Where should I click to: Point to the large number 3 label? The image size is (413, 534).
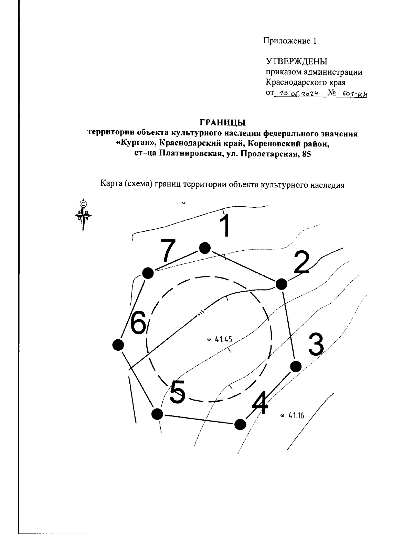[316, 344]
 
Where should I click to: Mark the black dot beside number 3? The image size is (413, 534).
[296, 367]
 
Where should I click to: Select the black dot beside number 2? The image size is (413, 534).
[281, 284]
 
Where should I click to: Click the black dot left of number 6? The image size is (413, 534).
[118, 344]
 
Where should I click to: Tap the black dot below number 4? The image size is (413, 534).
[240, 424]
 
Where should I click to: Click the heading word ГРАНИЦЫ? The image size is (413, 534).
[223, 122]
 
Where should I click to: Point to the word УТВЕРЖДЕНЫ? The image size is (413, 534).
[297, 62]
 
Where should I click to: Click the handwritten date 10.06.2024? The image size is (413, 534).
[298, 94]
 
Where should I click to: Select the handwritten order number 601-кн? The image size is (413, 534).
[351, 94]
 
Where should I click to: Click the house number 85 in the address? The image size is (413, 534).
[306, 154]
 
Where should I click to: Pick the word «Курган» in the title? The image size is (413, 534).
[135, 144]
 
